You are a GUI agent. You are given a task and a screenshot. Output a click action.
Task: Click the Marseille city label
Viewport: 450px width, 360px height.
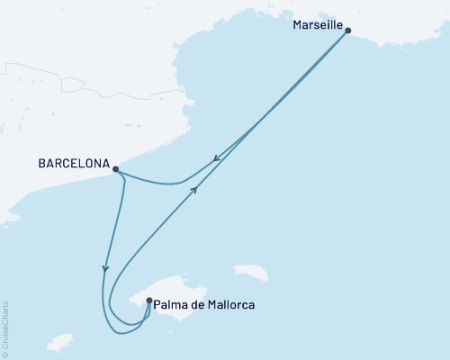(x=319, y=26)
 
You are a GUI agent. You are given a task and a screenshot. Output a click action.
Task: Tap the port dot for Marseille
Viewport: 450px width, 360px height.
(x=348, y=31)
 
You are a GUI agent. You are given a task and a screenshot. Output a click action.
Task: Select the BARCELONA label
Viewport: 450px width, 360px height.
(x=75, y=166)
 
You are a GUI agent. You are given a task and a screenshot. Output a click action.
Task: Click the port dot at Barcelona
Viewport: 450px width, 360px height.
(x=116, y=168)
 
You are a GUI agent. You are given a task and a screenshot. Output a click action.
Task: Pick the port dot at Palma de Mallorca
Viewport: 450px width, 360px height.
(x=149, y=301)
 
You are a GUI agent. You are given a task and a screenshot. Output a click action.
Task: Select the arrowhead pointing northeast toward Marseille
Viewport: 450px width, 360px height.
(x=195, y=188)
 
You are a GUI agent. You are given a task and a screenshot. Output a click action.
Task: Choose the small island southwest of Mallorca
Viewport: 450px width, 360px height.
(x=59, y=343)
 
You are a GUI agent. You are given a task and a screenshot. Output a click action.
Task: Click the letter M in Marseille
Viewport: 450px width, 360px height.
(x=298, y=26)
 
